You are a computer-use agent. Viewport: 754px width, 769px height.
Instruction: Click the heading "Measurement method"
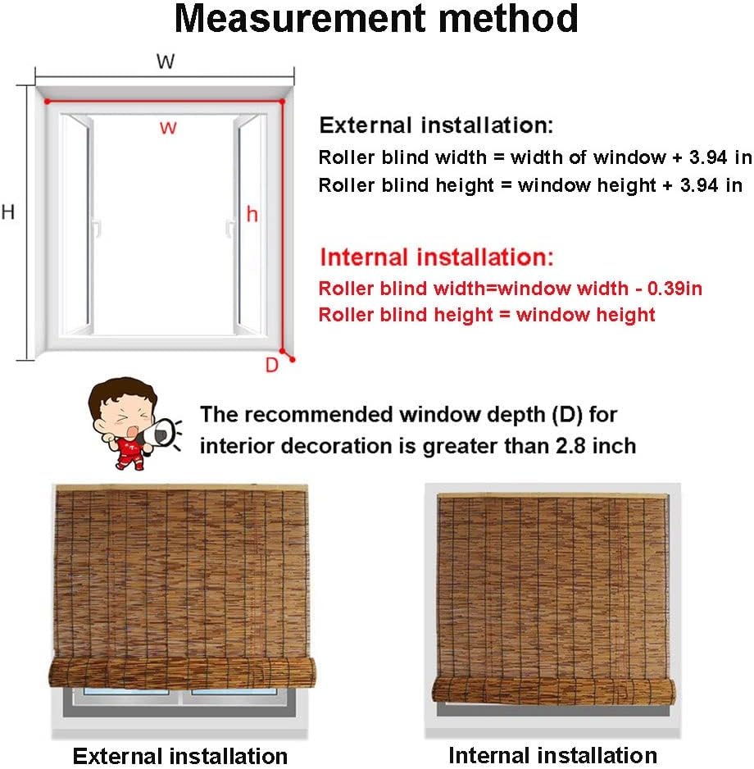(x=376, y=20)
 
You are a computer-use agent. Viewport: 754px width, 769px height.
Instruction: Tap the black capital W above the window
(x=166, y=62)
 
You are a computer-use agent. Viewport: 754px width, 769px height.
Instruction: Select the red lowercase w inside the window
(x=167, y=127)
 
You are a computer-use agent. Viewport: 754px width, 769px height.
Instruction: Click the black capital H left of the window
(x=8, y=212)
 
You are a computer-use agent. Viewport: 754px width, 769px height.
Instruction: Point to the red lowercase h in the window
(x=252, y=214)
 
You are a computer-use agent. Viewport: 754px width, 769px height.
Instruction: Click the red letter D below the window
(x=272, y=366)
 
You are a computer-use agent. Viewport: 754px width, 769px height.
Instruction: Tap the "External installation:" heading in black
(x=436, y=125)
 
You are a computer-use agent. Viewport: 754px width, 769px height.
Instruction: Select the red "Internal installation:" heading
(x=437, y=257)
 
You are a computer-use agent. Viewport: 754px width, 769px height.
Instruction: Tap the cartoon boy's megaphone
(x=162, y=432)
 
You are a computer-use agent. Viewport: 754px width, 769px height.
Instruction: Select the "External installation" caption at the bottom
(x=180, y=755)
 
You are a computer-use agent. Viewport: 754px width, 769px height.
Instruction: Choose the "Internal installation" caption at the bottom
(x=552, y=755)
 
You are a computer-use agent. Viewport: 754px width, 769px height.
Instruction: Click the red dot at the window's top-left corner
(x=48, y=102)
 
